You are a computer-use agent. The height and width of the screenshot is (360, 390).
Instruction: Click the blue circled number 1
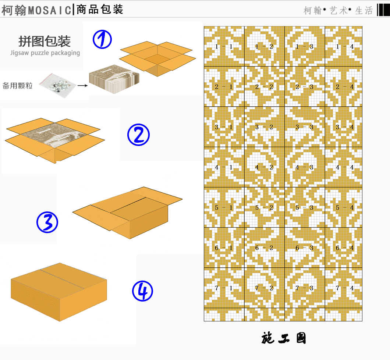[x=102, y=39]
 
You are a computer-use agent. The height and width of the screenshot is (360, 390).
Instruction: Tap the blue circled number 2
[x=139, y=135]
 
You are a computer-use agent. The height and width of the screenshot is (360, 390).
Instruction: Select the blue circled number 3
[x=47, y=222]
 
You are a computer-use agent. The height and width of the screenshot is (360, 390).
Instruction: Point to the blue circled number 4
[x=142, y=291]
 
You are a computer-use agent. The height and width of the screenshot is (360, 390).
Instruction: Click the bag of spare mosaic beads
[x=57, y=85]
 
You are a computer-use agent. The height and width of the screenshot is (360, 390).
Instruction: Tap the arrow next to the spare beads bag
[x=82, y=86]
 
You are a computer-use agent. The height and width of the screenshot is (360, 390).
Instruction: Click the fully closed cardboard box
[x=59, y=292]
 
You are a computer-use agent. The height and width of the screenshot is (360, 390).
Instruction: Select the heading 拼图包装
[x=45, y=41]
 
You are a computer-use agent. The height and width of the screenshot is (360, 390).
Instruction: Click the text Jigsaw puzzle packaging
[x=45, y=53]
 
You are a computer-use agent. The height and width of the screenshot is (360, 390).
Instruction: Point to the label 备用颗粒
[x=17, y=86]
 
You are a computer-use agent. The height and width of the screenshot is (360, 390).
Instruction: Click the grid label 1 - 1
[x=224, y=46]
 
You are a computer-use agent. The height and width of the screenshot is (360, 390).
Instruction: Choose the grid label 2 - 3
[x=304, y=87]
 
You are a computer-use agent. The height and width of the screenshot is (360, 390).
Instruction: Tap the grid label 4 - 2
[x=264, y=167]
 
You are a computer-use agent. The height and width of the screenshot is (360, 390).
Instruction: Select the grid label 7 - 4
[x=345, y=288]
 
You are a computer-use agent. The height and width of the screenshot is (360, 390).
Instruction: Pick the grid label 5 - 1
[x=224, y=208]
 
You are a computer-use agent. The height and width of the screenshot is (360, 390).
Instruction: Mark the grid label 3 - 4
[x=345, y=127]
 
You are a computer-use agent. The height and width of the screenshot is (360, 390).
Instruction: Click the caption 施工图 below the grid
[x=284, y=338]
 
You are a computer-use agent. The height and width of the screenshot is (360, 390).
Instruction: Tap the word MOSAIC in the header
[x=50, y=10]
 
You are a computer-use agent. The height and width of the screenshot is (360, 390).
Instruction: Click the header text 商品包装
[x=100, y=10]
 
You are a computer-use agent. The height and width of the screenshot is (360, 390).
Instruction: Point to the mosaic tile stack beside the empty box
[x=114, y=79]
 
